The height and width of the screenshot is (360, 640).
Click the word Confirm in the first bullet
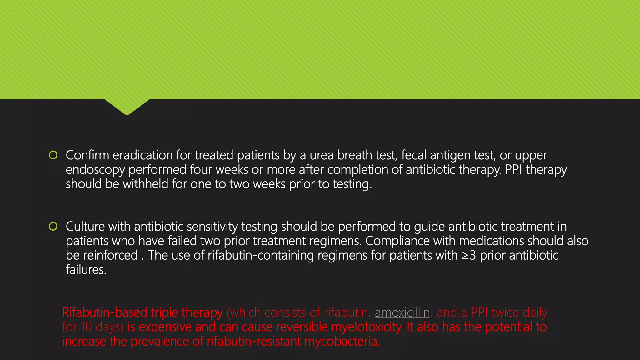87,155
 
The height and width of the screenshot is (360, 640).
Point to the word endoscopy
95,170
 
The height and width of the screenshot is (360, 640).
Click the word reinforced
110,255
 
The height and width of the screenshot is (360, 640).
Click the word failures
86,270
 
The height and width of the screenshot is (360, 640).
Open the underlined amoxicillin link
402,312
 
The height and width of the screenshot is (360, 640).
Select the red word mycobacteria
342,341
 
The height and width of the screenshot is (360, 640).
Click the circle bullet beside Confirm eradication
53,155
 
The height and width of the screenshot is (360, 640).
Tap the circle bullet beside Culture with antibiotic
53,226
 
